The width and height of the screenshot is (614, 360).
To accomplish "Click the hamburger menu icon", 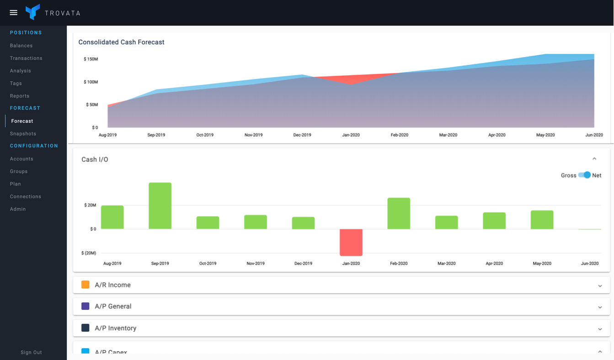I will (14, 13).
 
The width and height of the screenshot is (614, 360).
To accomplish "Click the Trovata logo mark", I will (32, 12).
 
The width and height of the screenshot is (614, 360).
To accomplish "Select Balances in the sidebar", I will (21, 46).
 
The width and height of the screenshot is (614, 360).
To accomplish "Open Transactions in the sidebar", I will (26, 58).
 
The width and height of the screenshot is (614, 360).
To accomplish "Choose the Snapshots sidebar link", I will (23, 133).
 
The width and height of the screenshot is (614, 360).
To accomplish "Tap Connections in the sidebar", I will (26, 196).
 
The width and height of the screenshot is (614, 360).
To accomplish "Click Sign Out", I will (31, 352).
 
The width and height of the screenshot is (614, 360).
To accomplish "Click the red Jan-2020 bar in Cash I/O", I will (351, 242).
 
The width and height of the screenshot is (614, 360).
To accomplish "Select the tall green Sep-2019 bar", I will (160, 206).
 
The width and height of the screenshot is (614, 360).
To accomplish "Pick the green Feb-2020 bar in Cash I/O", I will (399, 213).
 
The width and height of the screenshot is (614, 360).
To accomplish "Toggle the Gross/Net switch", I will (585, 175).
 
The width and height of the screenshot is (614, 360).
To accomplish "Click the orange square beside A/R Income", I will (85, 285).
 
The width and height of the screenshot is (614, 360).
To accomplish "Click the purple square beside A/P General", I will (85, 306).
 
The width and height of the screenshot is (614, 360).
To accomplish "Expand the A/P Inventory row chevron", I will (600, 329).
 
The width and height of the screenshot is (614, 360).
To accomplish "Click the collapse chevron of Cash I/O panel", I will (594, 159).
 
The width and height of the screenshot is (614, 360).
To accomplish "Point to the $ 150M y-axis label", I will (91, 59).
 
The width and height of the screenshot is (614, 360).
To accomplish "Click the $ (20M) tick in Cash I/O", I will (89, 253).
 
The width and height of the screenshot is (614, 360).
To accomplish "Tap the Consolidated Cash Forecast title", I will (121, 42).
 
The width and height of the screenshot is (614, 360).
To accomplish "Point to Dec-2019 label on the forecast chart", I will (302, 135).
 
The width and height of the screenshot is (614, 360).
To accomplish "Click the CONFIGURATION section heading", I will (34, 146).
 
